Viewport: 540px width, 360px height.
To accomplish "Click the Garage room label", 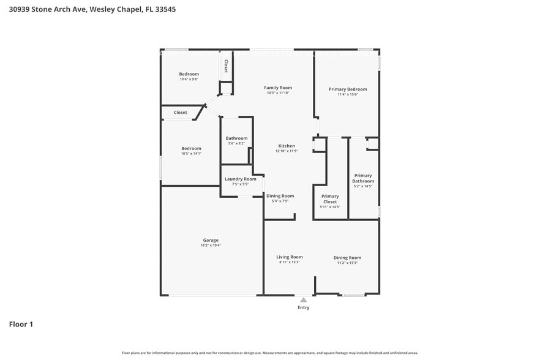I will point(211,240).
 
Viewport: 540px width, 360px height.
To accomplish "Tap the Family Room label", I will point(278,88).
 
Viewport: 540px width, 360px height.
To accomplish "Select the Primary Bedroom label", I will point(348,89).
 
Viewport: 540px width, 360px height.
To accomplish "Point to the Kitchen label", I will point(286,146).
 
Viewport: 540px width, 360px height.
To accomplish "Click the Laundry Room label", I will point(241,179).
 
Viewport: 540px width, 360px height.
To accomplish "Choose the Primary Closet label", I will point(330,199).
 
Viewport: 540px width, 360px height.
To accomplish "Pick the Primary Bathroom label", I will point(363,178).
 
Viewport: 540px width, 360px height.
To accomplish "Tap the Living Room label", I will point(290,257).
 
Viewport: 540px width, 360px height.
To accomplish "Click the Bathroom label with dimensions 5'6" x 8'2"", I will point(236,138).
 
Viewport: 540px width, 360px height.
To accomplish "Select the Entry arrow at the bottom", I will point(303,299).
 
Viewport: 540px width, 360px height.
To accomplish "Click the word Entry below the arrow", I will point(303,307).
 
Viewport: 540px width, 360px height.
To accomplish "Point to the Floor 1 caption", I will point(21,324).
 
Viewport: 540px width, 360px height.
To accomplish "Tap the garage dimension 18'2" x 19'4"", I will point(211,246).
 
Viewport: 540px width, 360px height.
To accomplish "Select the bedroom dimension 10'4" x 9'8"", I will point(189,80).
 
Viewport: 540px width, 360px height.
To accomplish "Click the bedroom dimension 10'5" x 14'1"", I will point(191,154).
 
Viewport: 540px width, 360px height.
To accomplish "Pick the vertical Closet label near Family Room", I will point(226,66).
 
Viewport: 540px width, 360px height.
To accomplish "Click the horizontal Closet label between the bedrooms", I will point(181,113).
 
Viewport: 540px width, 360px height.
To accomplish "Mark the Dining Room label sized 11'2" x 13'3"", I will point(347,258).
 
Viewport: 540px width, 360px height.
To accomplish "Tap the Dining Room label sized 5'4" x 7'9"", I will point(280,196).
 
